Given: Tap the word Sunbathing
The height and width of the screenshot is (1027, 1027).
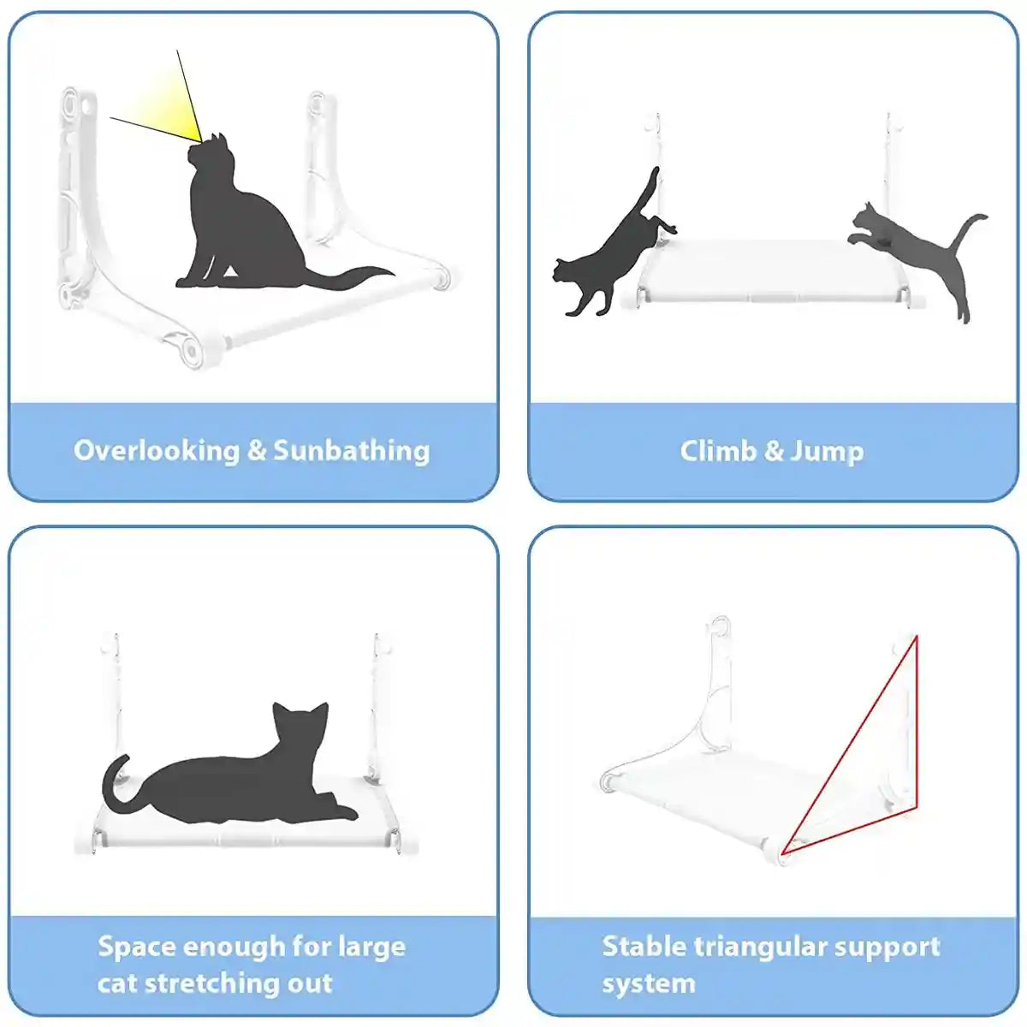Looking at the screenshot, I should (352, 450).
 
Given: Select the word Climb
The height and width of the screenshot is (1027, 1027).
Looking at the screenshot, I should (717, 451).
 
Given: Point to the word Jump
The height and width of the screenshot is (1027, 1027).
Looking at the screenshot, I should (827, 451).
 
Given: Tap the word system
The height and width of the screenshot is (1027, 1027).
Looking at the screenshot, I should (649, 983).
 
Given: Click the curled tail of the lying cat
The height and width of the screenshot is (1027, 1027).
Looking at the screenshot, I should (111, 779).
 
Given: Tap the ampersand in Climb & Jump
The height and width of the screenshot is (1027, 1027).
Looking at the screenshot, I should (774, 451).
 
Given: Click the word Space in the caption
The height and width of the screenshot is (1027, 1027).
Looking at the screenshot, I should (136, 947).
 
